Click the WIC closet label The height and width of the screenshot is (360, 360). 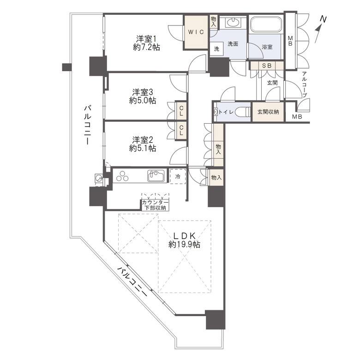[x=196, y=32]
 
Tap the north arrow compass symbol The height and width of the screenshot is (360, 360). [x=320, y=29]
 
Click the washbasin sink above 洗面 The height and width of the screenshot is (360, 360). [x=233, y=23]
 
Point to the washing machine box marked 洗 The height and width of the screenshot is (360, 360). [x=216, y=48]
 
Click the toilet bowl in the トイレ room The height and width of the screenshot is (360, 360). [x=243, y=112]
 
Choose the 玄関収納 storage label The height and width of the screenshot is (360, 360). [x=268, y=112]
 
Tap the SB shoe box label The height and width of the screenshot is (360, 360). [x=267, y=66]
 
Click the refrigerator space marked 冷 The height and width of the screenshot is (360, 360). [x=178, y=176]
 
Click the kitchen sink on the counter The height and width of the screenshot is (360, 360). [x=156, y=176]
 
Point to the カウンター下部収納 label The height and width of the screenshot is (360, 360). [x=155, y=205]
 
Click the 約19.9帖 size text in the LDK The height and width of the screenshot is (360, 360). [x=184, y=245]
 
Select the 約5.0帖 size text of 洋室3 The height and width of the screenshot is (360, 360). [x=143, y=100]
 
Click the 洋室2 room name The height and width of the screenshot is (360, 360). [x=143, y=140]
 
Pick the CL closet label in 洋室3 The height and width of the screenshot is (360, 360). [x=181, y=111]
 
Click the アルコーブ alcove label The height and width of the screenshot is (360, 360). [x=305, y=84]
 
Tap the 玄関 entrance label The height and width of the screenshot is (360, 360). [x=272, y=83]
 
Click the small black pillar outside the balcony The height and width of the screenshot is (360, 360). [x=67, y=67]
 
